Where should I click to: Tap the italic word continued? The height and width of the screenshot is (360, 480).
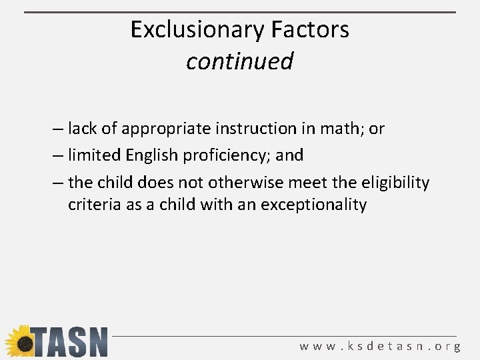point(239,61)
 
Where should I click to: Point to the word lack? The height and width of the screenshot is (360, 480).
point(82,128)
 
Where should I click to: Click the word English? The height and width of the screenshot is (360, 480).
point(147,156)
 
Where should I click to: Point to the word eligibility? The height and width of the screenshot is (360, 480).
point(393,183)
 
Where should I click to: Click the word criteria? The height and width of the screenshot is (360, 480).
point(91,204)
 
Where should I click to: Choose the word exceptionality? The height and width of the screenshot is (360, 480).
point(313,205)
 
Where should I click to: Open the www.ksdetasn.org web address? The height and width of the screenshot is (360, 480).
point(380,346)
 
